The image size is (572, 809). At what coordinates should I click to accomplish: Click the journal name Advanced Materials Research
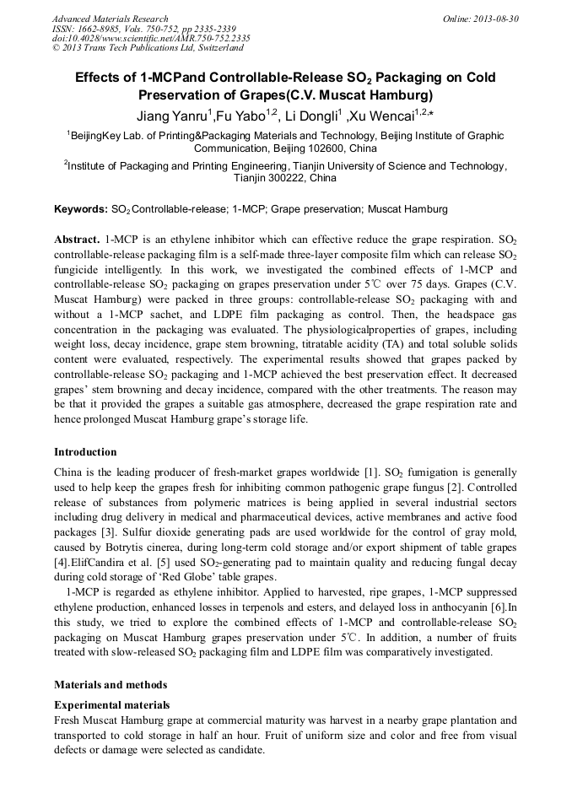click(x=110, y=19)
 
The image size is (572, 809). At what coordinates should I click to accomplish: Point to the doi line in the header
click(x=151, y=39)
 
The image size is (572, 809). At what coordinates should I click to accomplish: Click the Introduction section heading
click(x=85, y=452)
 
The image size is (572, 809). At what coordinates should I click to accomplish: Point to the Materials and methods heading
click(x=111, y=684)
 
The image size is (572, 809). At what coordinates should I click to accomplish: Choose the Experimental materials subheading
click(x=111, y=704)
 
